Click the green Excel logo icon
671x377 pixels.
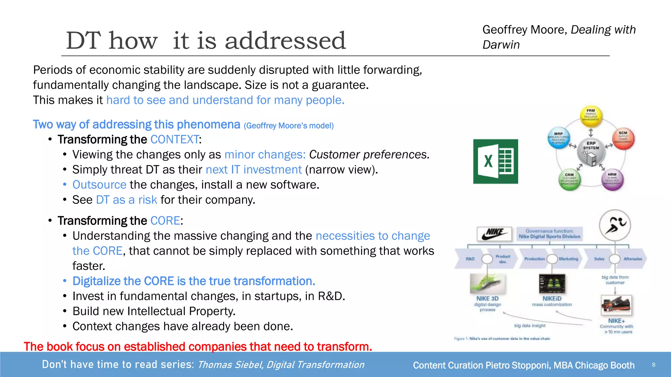[x=495, y=161]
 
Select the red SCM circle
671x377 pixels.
[x=623, y=138]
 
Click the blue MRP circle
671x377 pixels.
[x=559, y=138]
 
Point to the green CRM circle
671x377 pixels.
[x=569, y=180]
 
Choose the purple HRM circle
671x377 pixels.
[x=612, y=180]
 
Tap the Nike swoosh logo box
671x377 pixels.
[x=494, y=234]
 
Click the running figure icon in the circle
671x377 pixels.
[x=615, y=225]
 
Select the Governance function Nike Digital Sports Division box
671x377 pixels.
[x=549, y=234]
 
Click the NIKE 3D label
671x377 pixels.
[x=487, y=298]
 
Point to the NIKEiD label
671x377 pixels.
[x=552, y=298]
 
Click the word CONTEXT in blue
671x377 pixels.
[x=174, y=140]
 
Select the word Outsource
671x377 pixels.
[x=99, y=185]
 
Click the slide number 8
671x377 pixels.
[x=653, y=365]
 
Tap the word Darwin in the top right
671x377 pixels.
[x=501, y=45]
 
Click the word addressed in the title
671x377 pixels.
[x=285, y=41]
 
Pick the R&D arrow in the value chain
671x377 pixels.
[x=470, y=259]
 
